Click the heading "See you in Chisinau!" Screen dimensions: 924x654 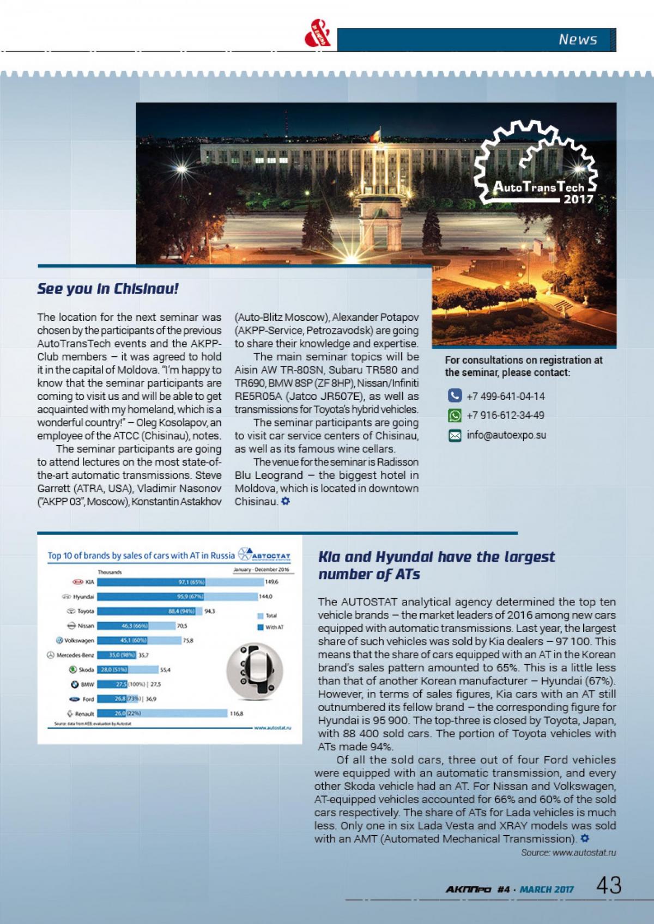[108, 289]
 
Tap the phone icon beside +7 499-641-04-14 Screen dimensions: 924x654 [455, 396]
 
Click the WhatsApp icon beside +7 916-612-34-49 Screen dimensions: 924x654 [455, 415]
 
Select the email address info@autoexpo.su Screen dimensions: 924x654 [506, 435]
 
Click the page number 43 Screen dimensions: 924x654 [609, 885]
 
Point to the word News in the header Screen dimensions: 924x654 [578, 39]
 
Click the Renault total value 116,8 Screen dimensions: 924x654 [237, 713]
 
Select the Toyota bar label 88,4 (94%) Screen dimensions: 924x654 [181, 611]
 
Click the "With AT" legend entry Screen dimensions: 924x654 [274, 628]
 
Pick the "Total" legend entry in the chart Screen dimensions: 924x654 [271, 616]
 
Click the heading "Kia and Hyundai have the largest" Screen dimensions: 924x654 [436, 557]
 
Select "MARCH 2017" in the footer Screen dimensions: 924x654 [547, 890]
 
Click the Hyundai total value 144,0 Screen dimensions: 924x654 [265, 597]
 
